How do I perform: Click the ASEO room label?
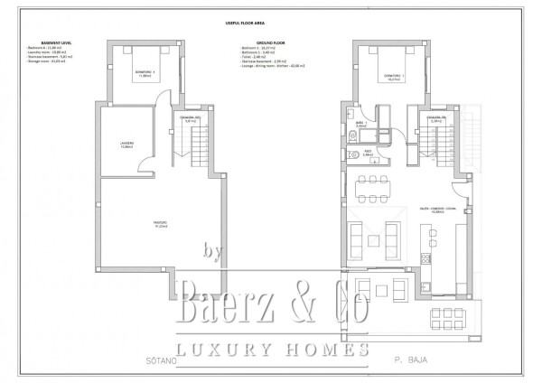click(368, 153)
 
